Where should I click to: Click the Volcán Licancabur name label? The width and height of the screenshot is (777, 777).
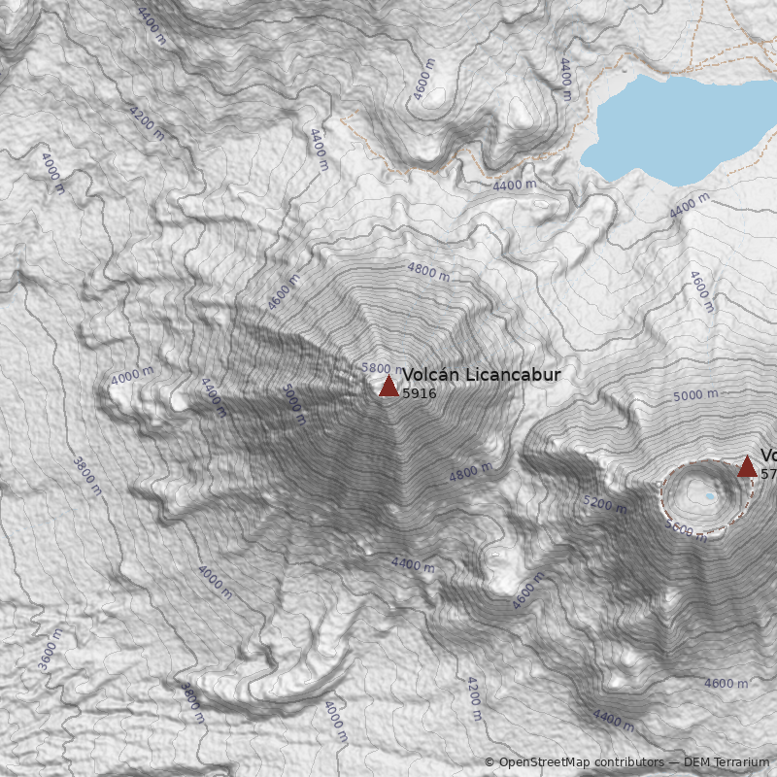point(482,375)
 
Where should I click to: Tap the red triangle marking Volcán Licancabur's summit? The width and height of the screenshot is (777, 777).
point(388,387)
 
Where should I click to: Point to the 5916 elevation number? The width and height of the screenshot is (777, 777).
point(420,394)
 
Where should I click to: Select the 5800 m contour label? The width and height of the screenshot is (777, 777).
point(378,368)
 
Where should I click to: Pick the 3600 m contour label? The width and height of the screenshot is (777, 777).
point(50,649)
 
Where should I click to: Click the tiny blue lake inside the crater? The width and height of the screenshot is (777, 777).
point(710,496)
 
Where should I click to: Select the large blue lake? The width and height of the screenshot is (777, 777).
point(680,126)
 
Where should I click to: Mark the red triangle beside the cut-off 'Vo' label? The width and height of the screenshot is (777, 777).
point(747,467)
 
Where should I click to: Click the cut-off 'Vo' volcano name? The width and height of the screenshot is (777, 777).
point(768,456)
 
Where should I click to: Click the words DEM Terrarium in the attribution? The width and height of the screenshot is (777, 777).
point(726,762)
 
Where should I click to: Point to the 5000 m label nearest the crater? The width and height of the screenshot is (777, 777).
point(695,395)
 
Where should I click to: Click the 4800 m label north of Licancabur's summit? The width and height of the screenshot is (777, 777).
point(428,271)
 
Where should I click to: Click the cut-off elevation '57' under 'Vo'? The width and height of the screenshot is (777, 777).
point(768,475)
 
